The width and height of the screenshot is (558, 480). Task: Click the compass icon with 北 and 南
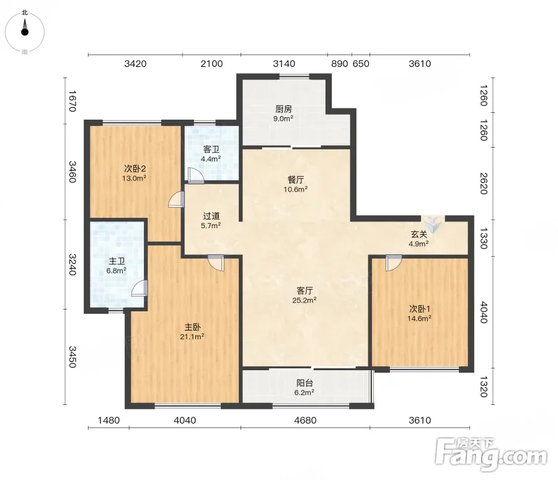click(x=25, y=32)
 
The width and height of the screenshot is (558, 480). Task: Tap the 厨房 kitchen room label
click(x=283, y=109)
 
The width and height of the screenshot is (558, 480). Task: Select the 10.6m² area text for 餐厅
click(x=295, y=189)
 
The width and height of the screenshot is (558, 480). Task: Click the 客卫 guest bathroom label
click(x=211, y=149)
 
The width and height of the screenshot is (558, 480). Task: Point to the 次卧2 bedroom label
click(x=135, y=169)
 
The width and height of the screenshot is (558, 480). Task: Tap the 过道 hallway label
click(x=211, y=216)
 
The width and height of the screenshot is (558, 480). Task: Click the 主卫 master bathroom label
click(x=117, y=261)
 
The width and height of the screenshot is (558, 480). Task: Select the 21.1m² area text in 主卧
click(x=192, y=337)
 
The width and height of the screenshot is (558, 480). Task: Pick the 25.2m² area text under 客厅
click(x=304, y=300)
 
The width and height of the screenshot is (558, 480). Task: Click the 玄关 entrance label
click(x=418, y=234)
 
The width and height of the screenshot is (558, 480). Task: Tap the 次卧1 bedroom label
click(x=420, y=309)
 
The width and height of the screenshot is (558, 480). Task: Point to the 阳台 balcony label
click(x=304, y=383)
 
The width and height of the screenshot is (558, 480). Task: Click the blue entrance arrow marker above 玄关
click(x=433, y=224)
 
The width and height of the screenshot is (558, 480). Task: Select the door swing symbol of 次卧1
click(x=394, y=263)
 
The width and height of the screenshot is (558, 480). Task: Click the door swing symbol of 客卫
click(x=196, y=176)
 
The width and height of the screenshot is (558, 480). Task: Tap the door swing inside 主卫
click(x=139, y=288)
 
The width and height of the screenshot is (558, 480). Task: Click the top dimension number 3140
click(x=283, y=64)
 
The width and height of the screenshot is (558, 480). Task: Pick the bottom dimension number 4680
click(x=305, y=420)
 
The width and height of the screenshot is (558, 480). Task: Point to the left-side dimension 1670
click(x=73, y=101)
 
